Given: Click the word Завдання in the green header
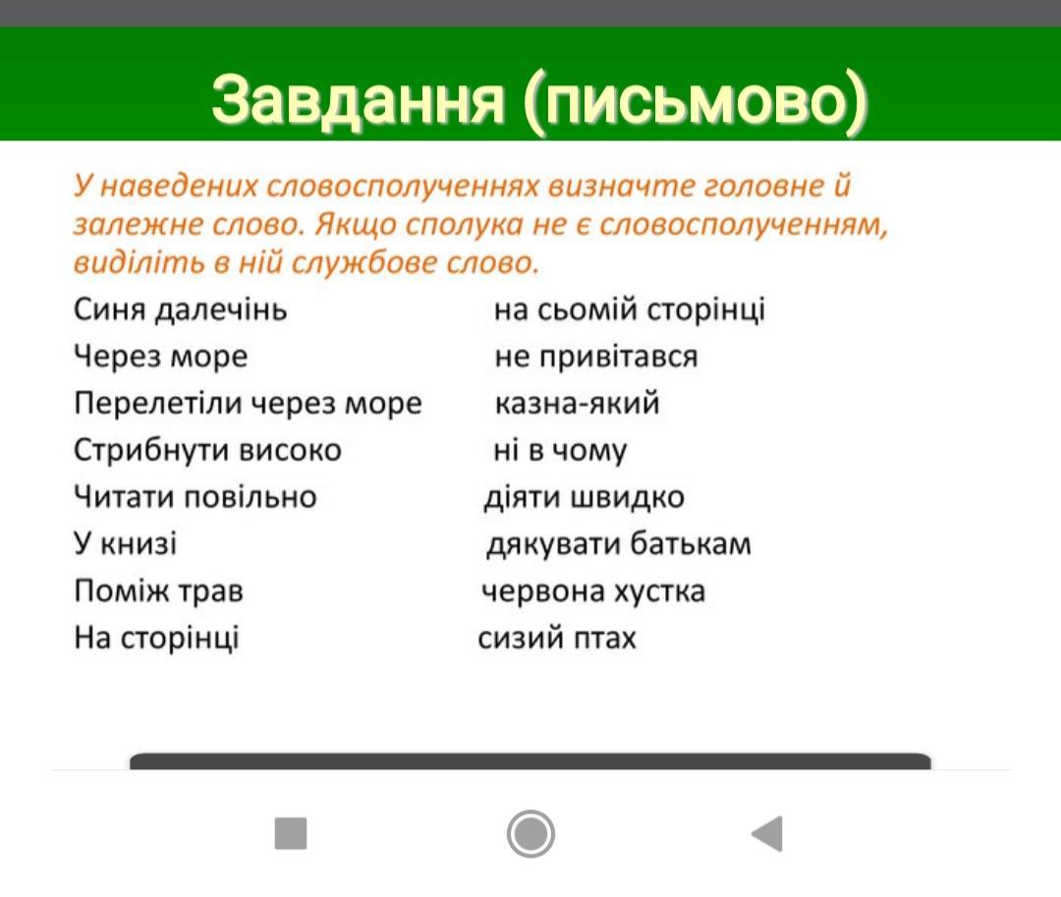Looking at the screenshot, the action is pos(358,100).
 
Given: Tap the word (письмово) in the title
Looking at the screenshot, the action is pos(696,101).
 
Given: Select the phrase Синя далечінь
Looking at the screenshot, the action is pos(181,309).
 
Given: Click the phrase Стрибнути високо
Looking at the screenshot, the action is pos(207,451).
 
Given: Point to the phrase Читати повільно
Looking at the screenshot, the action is pos(195,497).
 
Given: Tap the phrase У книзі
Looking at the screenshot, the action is pos(125,543).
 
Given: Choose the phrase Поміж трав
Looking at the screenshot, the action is pos(158,590).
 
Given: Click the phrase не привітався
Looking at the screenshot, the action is pos(596,357).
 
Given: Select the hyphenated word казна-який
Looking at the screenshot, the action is pos(578,403).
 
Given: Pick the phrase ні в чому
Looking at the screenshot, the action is pos(560,451).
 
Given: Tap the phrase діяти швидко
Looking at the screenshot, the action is pos(584,498).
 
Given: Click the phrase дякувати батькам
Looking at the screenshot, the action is pos(619,544).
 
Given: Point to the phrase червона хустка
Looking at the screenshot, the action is pos(593,591).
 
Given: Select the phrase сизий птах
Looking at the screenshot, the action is pos(557,638).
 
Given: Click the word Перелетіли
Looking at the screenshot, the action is pos(157,404).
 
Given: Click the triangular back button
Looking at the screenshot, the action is pos(767,833).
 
